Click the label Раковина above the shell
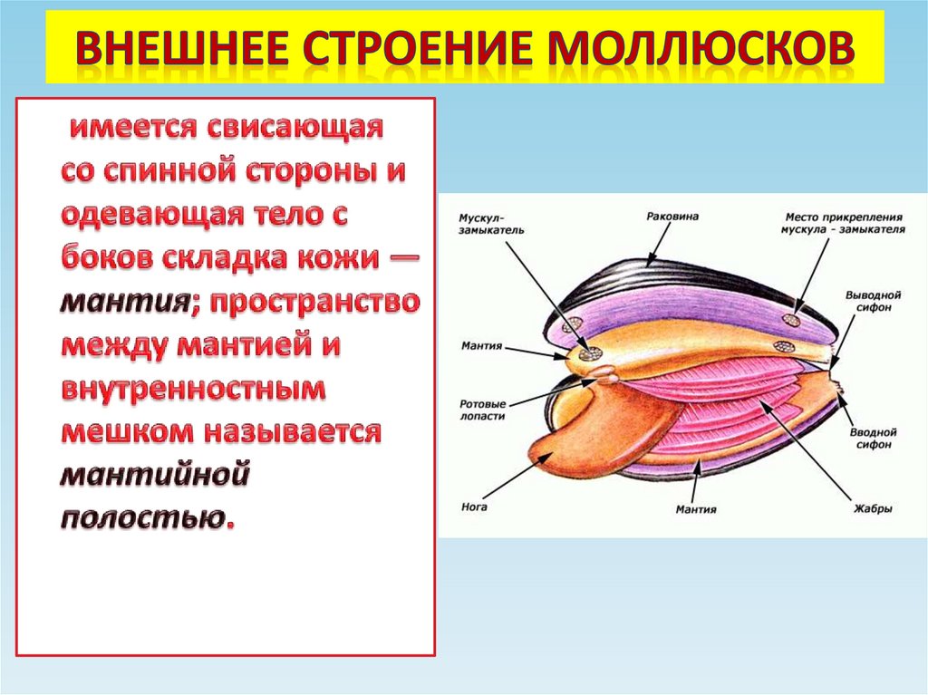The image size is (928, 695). click(x=673, y=217)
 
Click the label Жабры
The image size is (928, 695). click(x=874, y=509)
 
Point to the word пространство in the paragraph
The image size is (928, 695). click(x=314, y=302)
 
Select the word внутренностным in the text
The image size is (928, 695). click(x=193, y=389)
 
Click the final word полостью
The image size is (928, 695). click(x=146, y=516)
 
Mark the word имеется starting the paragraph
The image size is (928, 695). click(x=130, y=128)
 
